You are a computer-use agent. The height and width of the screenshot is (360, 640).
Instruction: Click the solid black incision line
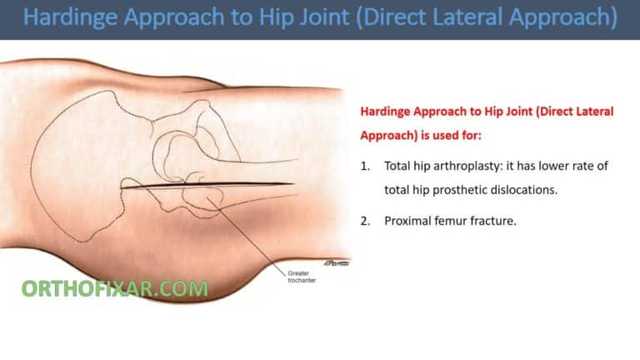point(208,184)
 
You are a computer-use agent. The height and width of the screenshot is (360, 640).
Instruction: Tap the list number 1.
point(365,167)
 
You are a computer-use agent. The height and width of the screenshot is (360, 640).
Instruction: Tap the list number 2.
point(365,221)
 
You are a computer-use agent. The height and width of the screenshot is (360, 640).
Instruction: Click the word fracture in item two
point(486,221)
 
